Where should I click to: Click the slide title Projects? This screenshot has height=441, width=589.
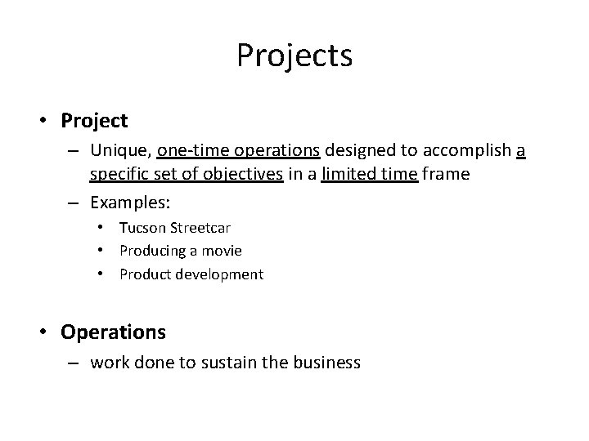click(294, 56)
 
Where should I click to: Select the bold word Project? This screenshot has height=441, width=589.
click(94, 121)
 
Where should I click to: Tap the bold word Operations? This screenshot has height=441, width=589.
click(113, 332)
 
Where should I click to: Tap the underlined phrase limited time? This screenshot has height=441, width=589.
click(370, 174)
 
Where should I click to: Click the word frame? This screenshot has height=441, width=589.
click(446, 174)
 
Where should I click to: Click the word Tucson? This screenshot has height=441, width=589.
click(142, 227)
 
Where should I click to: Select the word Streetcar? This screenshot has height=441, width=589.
click(202, 227)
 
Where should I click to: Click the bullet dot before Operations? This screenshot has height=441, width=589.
click(42, 332)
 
